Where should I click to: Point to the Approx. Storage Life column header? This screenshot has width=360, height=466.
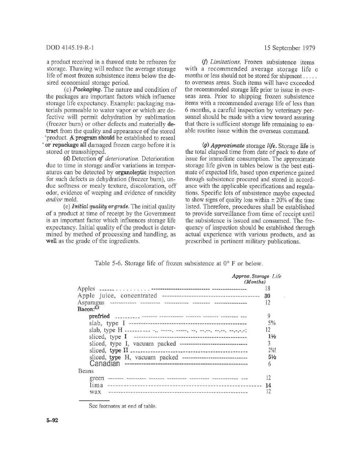coord(256,279)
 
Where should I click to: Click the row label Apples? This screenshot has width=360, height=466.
coord(86,289)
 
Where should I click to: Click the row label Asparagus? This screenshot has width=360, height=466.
coord(91,303)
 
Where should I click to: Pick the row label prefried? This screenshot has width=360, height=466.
coord(99,316)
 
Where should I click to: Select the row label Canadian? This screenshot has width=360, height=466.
coord(104,364)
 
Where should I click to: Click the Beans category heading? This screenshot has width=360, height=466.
coord(85,371)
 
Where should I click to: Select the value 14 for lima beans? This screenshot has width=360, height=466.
coord(269,385)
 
